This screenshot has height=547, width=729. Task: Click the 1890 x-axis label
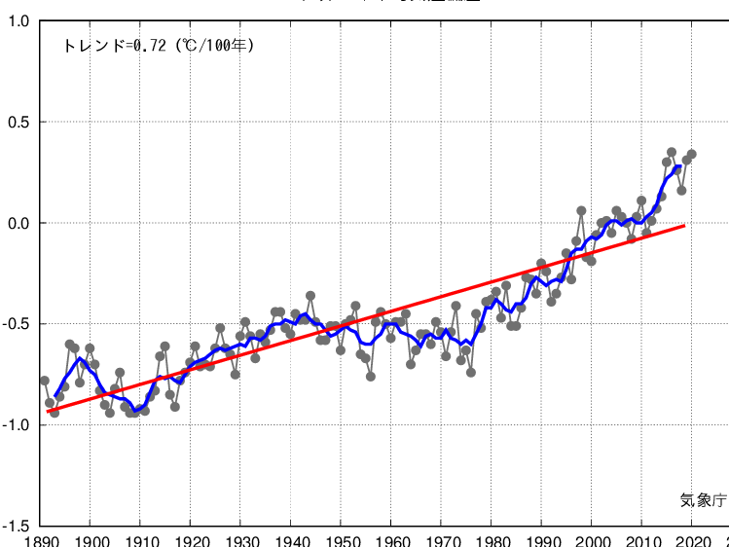point(41,539)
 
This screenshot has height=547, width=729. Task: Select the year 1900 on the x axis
point(91,539)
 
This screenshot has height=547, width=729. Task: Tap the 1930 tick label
point(241,539)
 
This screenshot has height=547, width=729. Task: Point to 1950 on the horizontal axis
point(342,539)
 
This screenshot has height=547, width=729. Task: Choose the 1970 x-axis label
point(442,539)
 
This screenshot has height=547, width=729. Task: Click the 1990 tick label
point(542,539)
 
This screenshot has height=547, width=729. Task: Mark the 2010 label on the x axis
point(642,539)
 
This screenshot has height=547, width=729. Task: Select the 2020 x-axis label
point(693,539)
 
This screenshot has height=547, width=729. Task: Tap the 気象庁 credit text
point(703,500)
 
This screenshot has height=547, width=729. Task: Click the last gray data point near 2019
point(691,154)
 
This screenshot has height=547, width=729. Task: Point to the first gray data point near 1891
point(45,381)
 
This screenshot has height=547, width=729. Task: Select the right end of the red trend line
point(684,225)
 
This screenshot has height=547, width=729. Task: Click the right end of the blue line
point(678,167)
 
